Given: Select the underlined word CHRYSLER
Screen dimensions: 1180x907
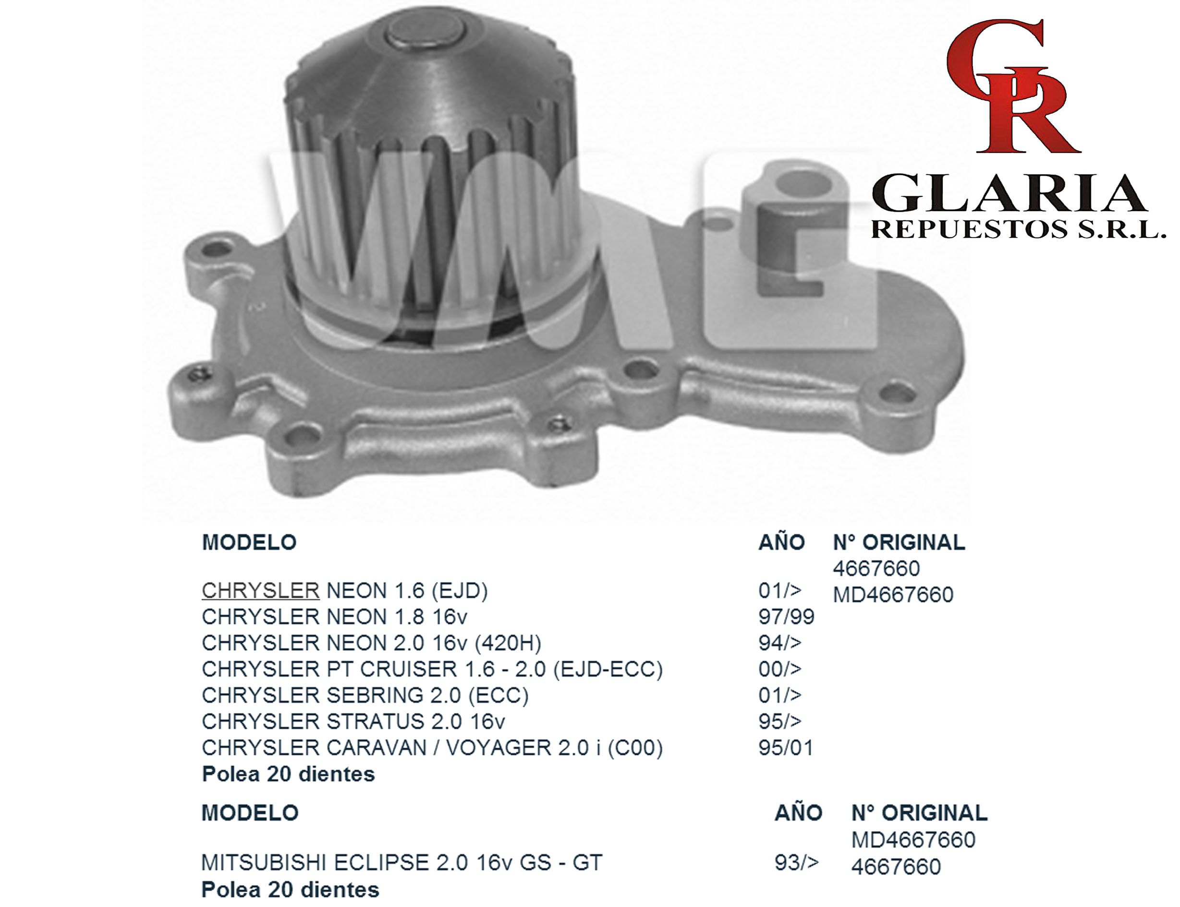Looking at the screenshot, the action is point(260,591).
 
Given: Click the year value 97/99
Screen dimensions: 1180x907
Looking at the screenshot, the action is point(786,617).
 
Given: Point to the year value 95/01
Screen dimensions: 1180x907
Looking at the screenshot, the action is point(786,748).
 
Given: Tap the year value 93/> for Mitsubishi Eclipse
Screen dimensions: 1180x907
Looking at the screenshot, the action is point(796,862).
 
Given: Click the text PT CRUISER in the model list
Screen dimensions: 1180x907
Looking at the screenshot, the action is point(393,669).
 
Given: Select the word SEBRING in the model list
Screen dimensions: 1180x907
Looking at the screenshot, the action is point(375,695).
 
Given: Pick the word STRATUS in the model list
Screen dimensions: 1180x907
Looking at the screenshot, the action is point(376,721).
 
